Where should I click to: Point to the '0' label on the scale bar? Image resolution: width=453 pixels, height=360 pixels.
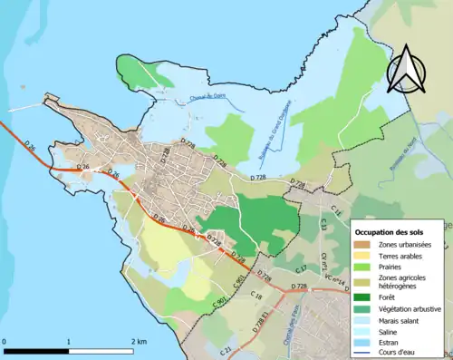[5, 341]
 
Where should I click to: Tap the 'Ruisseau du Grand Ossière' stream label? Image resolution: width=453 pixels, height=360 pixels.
[277, 114]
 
